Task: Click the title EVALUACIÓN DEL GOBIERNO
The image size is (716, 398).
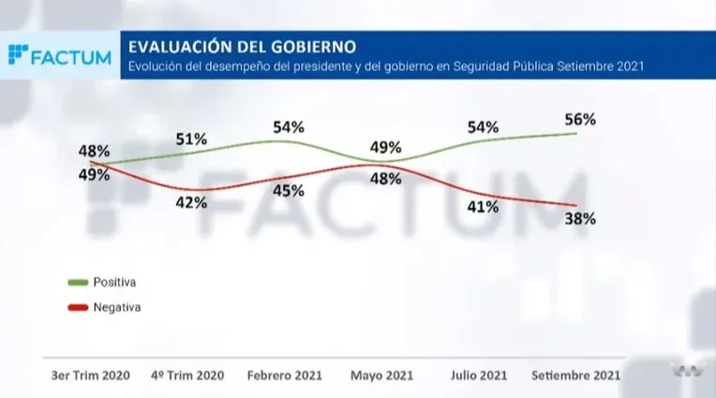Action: click(242, 46)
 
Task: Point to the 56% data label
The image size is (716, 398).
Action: click(580, 119)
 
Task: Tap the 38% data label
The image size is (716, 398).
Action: click(580, 218)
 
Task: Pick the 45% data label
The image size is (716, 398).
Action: click(288, 190)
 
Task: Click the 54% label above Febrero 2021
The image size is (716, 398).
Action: click(288, 126)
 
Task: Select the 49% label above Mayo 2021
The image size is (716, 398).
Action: click(385, 147)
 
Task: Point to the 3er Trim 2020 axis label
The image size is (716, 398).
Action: click(90, 375)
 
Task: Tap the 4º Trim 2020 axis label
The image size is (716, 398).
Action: click(188, 375)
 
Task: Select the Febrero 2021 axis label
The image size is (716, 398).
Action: click(285, 375)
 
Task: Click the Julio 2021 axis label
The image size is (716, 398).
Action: click(480, 375)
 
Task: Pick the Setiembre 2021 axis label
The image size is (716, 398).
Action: click(575, 375)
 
